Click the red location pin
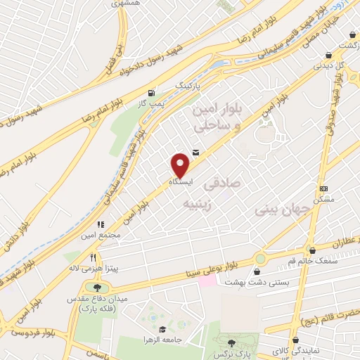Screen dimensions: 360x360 [180, 165]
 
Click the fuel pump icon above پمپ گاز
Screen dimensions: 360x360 [151, 93]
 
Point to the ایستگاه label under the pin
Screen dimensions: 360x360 [180, 181]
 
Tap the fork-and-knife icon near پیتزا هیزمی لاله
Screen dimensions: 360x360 [84, 257]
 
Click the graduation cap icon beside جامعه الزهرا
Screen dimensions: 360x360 [162, 329]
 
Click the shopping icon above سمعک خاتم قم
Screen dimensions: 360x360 [311, 249]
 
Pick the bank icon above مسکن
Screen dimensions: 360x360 [323, 188]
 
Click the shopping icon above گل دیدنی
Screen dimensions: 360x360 [328, 55]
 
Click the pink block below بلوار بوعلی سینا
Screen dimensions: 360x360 [207, 280]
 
